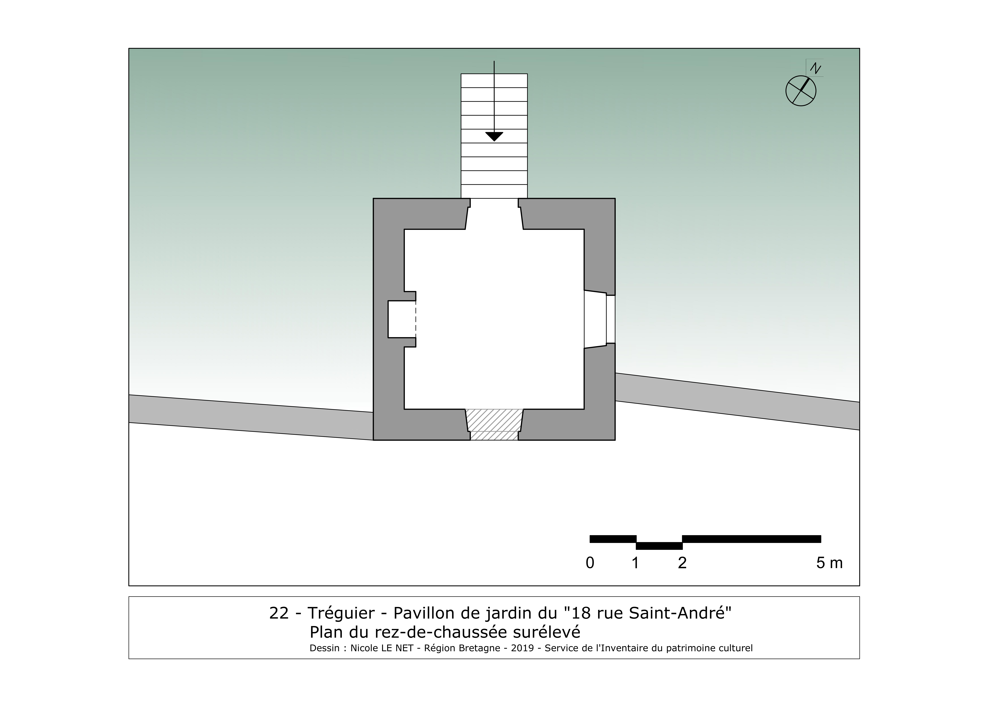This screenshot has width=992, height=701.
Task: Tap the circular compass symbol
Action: [x=801, y=91]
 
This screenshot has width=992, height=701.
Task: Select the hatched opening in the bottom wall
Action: [x=494, y=425]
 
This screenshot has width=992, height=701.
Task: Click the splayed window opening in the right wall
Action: [x=599, y=319]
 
